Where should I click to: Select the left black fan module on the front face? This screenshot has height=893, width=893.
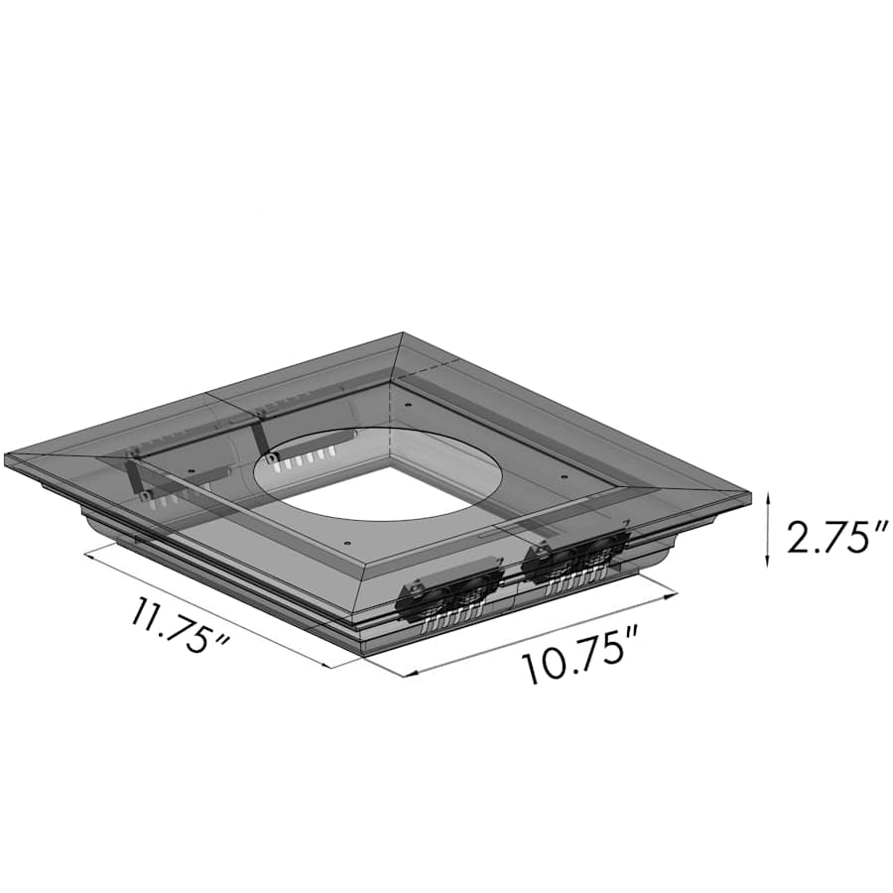pyautogui.click(x=448, y=595)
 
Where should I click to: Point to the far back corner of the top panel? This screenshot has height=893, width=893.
pyautogui.click(x=402, y=335)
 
